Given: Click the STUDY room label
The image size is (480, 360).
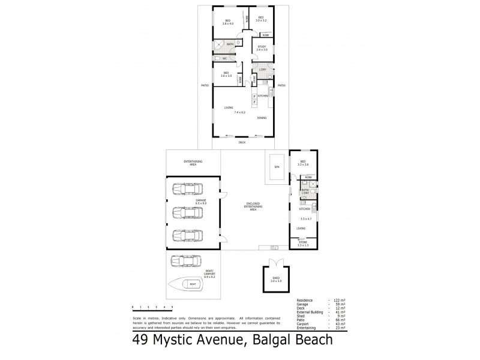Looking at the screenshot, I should (x=262, y=47).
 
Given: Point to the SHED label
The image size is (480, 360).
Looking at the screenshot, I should (x=275, y=278).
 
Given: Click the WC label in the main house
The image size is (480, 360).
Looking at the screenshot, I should (x=224, y=59).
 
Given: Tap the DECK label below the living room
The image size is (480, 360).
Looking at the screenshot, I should (x=242, y=143).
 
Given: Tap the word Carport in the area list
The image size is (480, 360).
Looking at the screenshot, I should (x=304, y=325).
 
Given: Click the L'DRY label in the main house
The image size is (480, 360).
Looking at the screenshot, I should (x=262, y=69).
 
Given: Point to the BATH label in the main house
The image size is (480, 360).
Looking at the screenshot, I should (x=230, y=44).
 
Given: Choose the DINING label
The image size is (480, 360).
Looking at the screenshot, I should (x=262, y=118).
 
